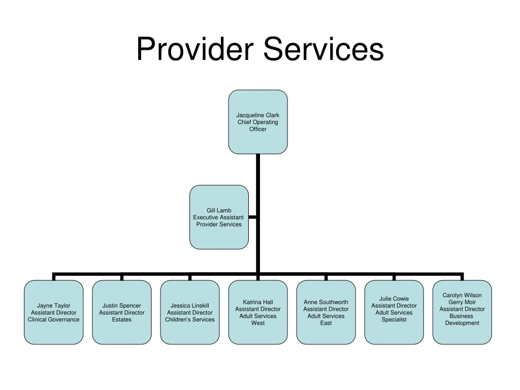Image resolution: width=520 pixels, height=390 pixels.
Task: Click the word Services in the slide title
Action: click(323, 50)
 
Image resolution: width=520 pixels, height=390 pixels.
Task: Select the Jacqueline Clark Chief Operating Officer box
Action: click(257, 122)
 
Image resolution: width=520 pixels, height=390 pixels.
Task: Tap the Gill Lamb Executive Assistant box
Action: click(219, 217)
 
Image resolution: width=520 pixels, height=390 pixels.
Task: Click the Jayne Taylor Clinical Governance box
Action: click(53, 312)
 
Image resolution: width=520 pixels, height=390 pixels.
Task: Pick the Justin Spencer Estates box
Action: click(122, 312)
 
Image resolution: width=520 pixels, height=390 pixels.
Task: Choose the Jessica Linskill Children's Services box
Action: click(190, 312)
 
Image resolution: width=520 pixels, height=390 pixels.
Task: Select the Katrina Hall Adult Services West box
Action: click(258, 312)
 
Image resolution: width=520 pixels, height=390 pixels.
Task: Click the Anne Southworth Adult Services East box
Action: click(326, 312)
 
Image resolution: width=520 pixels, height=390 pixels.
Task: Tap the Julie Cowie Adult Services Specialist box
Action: click(394, 312)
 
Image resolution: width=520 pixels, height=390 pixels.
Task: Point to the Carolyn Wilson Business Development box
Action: click(462, 312)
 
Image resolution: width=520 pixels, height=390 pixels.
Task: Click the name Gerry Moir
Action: click(462, 302)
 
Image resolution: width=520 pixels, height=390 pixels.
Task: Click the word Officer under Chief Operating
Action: click(257, 129)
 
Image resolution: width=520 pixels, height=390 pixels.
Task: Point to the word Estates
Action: click(122, 319)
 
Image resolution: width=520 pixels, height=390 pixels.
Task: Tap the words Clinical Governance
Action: click(53, 319)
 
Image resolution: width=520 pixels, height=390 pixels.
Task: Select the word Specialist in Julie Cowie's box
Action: click(394, 319)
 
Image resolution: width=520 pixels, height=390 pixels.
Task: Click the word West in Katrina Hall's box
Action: click(258, 323)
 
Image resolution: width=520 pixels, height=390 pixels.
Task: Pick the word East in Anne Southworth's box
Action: click(326, 323)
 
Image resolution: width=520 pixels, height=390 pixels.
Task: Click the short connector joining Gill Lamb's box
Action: click(252, 217)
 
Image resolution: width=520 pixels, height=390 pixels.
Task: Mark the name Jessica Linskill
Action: click(190, 306)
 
